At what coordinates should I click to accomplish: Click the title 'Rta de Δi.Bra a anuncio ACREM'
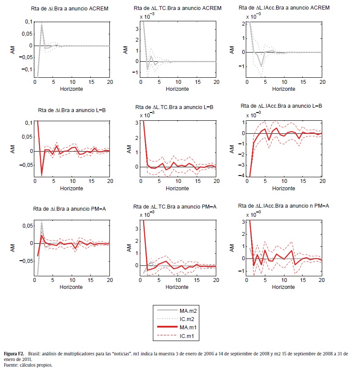tap(69, 8)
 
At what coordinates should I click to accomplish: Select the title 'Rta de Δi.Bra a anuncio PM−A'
tap(69, 209)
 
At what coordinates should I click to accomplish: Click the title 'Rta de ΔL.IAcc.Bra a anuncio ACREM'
tap(284, 8)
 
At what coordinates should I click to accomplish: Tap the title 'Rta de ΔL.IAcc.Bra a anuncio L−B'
tap(285, 106)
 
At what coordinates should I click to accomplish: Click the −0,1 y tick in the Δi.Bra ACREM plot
tap(27, 69)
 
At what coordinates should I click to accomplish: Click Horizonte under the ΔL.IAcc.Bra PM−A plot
tap(285, 288)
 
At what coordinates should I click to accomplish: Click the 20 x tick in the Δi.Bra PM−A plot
tap(109, 281)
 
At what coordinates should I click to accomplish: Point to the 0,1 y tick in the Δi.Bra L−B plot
tap(29, 123)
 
